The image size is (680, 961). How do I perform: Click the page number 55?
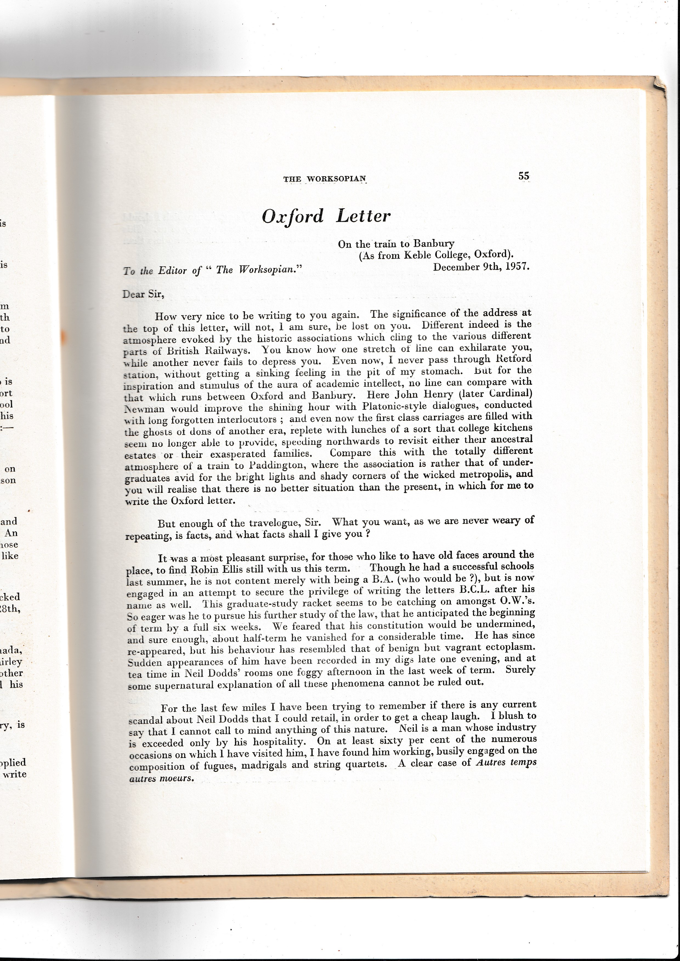tap(523, 176)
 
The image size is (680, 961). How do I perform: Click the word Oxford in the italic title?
tap(293, 216)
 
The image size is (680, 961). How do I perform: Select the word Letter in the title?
tap(363, 216)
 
